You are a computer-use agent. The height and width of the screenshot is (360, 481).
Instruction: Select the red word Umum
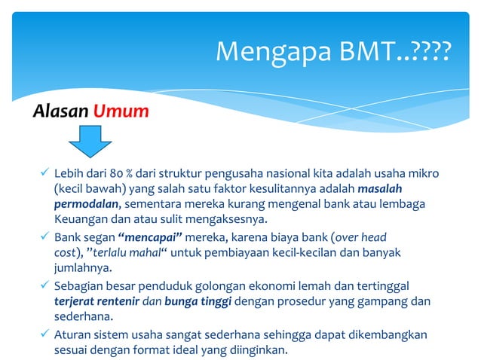121,112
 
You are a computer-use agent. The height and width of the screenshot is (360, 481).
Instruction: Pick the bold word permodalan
87,204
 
